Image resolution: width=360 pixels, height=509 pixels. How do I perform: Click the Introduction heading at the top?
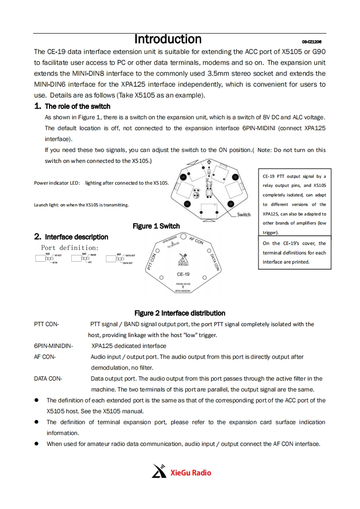(x=168, y=39)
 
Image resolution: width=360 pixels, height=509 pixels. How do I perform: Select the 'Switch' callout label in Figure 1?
(x=244, y=215)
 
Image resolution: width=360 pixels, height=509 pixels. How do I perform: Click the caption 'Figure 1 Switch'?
(x=156, y=226)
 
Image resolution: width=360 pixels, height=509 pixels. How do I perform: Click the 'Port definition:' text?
(x=70, y=248)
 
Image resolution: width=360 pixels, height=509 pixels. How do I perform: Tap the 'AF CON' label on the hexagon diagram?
(x=196, y=241)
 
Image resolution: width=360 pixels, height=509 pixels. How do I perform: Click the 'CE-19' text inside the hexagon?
(x=183, y=274)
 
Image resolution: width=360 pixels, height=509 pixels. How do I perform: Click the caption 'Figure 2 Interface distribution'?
(x=180, y=313)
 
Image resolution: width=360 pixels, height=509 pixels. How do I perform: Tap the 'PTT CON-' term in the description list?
(x=46, y=324)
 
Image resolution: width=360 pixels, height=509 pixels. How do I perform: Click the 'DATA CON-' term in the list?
(x=48, y=379)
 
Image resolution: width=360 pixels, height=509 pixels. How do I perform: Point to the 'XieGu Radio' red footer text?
(x=191, y=473)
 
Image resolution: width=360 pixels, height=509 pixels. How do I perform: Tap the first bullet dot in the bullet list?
(x=36, y=401)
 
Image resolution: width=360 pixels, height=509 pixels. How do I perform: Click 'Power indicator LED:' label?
(x=57, y=183)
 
